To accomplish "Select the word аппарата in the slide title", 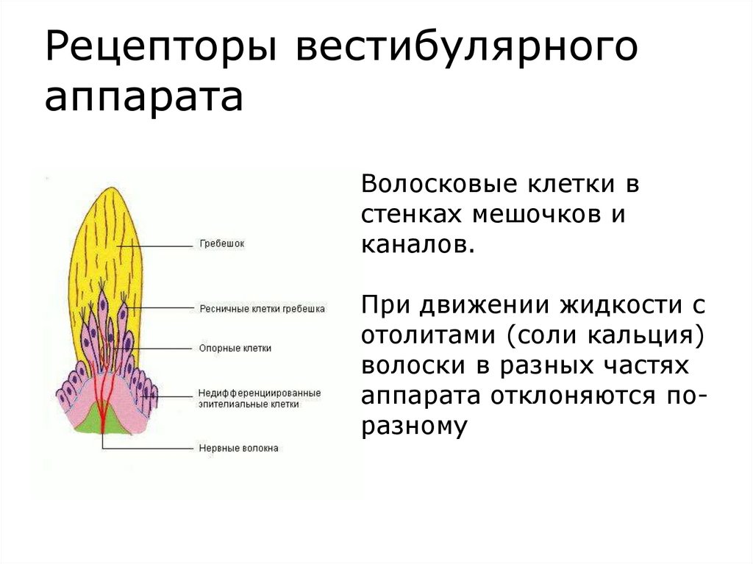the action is pyautogui.click(x=144, y=98).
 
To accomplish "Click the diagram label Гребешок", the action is pyautogui.click(x=221, y=243).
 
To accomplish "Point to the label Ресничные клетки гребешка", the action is pyautogui.click(x=262, y=309).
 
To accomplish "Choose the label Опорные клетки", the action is pyautogui.click(x=235, y=348).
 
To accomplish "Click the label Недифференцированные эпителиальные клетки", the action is pyautogui.click(x=258, y=399).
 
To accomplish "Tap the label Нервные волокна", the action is pyautogui.click(x=238, y=448).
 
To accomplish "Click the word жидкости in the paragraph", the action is pyautogui.click(x=623, y=304).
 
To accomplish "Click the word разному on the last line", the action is pyautogui.click(x=414, y=426).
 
